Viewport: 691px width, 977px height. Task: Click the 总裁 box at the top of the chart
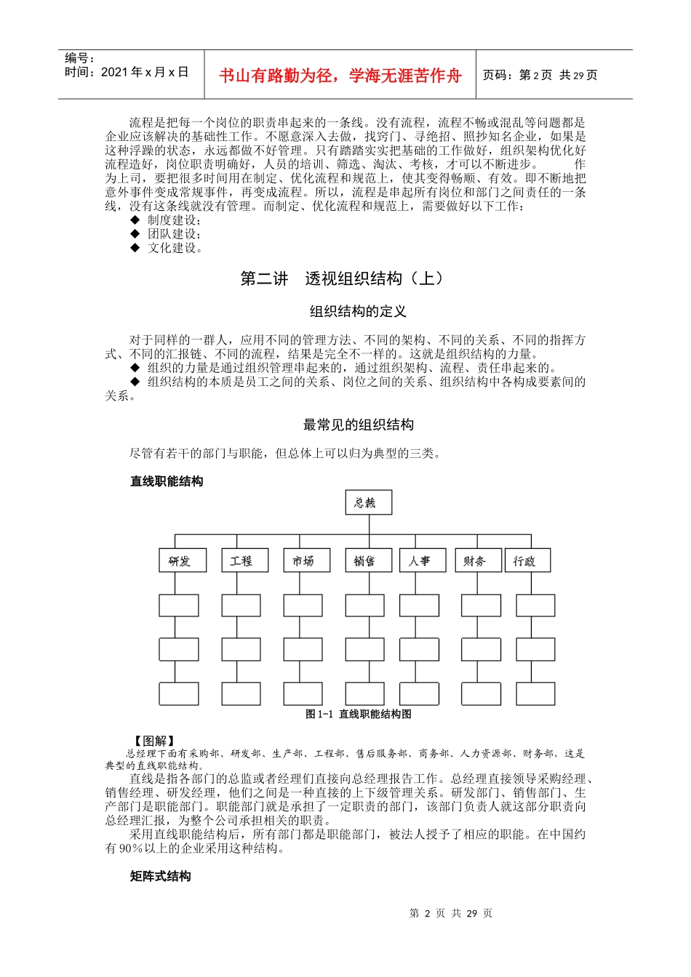click(368, 502)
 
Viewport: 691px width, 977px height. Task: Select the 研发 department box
click(179, 560)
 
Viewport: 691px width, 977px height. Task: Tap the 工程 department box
click(241, 560)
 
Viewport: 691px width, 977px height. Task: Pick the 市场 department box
click(303, 560)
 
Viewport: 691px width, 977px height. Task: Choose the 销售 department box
click(364, 560)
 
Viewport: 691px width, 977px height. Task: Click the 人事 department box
click(419, 560)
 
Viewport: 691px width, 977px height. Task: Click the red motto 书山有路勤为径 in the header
click(340, 76)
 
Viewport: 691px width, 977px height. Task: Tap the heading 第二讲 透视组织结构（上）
click(342, 278)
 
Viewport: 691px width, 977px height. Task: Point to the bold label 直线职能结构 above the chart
click(167, 481)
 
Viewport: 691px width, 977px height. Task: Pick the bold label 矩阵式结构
click(161, 877)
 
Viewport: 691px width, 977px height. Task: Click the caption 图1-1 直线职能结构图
click(358, 714)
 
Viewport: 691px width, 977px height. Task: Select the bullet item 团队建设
click(174, 234)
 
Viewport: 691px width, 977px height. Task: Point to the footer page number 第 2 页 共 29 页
click(450, 913)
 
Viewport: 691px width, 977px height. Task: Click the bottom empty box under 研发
click(179, 693)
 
